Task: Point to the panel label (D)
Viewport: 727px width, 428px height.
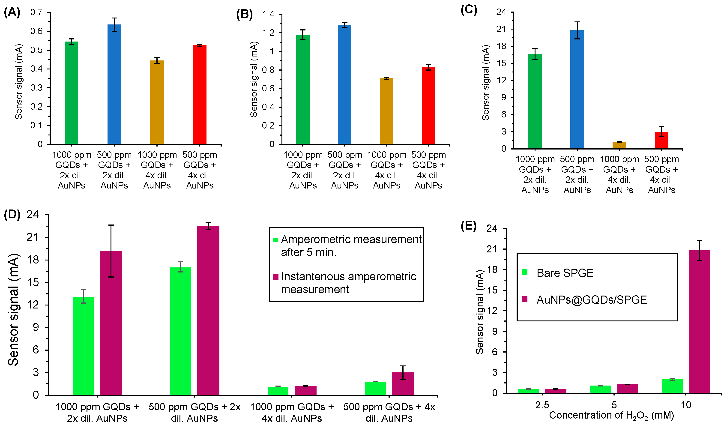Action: coord(12,215)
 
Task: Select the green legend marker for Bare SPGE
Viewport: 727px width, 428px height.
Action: coord(525,272)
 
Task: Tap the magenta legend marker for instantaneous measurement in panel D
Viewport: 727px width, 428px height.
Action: coord(275,277)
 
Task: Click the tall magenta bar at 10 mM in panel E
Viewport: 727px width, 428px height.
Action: coord(699,322)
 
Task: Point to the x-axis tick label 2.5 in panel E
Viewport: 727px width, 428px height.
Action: coord(542,405)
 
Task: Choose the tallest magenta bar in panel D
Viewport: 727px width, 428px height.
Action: coord(208,310)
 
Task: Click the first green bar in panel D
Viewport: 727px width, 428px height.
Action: coord(83,346)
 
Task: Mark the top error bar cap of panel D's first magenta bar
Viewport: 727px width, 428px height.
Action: coord(111,225)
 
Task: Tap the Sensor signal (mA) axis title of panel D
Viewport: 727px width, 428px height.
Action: coord(13,310)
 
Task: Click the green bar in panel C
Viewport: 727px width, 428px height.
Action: coord(535,101)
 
